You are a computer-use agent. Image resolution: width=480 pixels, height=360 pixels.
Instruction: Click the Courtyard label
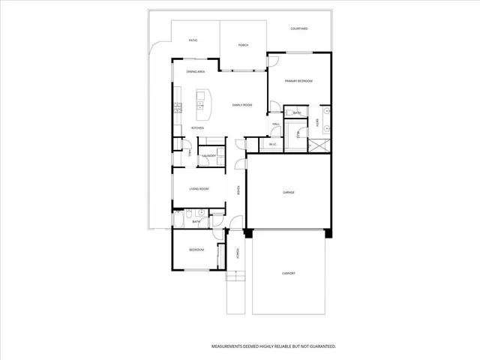(x=299, y=28)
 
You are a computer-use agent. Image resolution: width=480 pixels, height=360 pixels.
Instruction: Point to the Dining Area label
(x=196, y=71)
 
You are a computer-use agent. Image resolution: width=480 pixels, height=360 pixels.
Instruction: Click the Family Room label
(x=241, y=105)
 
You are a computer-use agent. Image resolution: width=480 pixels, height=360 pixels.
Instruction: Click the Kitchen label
(x=197, y=128)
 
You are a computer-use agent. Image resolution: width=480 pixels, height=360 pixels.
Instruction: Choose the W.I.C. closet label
(x=273, y=144)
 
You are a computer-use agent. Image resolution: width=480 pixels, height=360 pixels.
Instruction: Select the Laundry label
(x=209, y=156)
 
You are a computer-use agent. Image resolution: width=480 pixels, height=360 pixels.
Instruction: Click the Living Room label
(x=199, y=189)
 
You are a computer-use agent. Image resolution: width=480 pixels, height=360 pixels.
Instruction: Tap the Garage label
(x=289, y=193)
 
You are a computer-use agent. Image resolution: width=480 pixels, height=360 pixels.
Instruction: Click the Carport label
(x=289, y=273)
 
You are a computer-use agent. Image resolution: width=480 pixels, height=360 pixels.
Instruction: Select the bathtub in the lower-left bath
(x=181, y=218)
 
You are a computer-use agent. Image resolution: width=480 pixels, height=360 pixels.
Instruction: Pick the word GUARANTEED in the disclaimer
(x=318, y=346)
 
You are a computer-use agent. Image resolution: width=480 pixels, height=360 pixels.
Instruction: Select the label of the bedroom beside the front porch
(x=196, y=250)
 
